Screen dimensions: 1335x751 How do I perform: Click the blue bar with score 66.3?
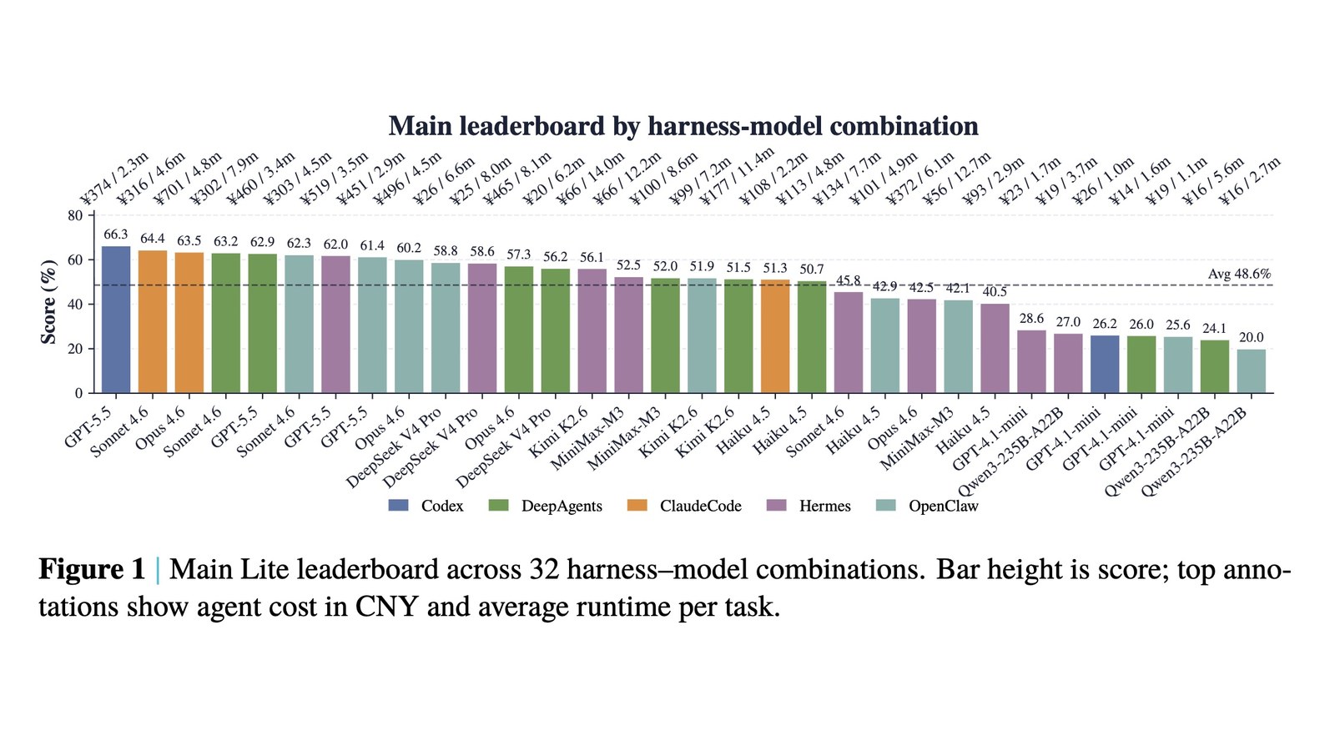click(116, 320)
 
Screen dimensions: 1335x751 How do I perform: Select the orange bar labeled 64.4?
click(153, 322)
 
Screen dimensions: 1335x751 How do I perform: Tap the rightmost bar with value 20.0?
click(1252, 371)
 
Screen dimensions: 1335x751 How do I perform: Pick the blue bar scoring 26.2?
click(1105, 364)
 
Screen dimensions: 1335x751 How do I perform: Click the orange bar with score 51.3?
click(775, 337)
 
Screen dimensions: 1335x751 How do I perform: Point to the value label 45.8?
click(849, 280)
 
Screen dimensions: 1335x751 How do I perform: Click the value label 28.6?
click(1031, 318)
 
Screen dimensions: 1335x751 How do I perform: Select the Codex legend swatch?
click(398, 506)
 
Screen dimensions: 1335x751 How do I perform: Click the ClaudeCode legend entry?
click(685, 506)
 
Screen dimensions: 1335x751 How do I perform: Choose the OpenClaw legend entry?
click(927, 506)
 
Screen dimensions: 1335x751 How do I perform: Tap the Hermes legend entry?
click(809, 506)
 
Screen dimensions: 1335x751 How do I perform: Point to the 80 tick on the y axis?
click(76, 216)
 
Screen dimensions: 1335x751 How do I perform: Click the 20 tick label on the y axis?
click(76, 349)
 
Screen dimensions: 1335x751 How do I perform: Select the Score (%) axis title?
click(48, 302)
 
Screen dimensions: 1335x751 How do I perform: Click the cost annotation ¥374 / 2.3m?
click(113, 179)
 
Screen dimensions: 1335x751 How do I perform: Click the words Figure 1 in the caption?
click(92, 569)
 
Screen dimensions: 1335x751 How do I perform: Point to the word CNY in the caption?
click(386, 607)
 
